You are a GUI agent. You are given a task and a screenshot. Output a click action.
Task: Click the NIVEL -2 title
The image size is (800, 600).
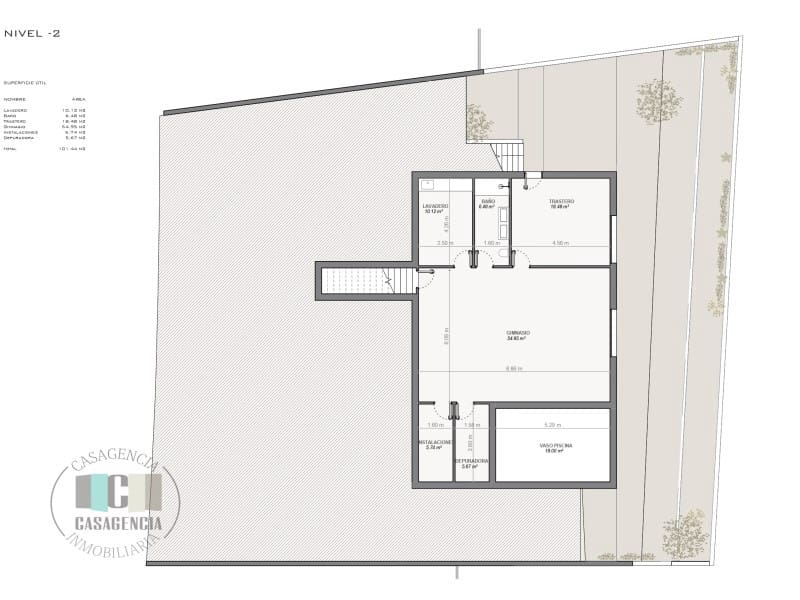click(x=32, y=33)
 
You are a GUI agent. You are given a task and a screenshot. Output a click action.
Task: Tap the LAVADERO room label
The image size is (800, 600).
click(x=435, y=207)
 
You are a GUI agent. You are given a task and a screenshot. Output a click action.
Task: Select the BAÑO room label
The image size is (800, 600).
click(x=487, y=204)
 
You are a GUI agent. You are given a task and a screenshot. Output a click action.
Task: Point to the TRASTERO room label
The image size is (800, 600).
click(x=561, y=203)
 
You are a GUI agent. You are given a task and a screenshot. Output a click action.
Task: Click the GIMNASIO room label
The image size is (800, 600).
click(x=517, y=334)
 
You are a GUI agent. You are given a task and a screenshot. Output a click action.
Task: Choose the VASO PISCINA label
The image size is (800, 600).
click(x=553, y=446)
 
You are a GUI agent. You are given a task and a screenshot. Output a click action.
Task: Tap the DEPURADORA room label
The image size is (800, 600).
click(x=471, y=463)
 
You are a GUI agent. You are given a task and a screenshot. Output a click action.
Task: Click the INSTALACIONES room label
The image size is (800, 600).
click(x=434, y=443)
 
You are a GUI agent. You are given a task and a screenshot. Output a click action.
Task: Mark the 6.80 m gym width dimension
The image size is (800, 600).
click(x=514, y=369)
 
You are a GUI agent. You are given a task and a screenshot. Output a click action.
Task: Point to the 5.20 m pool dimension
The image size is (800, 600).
click(x=552, y=425)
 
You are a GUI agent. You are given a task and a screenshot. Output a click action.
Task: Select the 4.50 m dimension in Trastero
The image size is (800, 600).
click(x=561, y=243)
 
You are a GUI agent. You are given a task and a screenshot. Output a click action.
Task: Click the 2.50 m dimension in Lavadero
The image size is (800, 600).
click(x=444, y=243)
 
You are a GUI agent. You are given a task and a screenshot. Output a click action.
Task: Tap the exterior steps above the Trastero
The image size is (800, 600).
click(x=510, y=156)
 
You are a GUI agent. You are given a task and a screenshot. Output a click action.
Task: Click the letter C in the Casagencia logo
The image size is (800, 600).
click(x=116, y=492)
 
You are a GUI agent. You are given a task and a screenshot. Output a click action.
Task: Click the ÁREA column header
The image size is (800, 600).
click(x=78, y=99)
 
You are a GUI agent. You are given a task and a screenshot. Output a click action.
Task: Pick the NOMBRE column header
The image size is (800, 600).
click(x=14, y=99)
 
